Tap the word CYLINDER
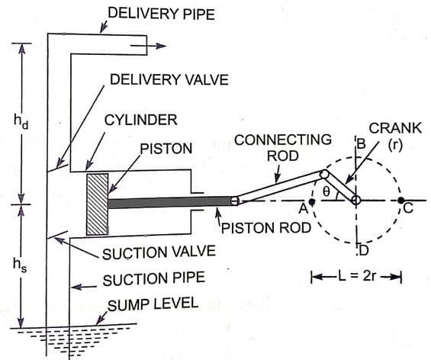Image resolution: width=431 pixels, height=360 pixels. [141, 120]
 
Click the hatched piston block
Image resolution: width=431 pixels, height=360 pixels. [98, 204]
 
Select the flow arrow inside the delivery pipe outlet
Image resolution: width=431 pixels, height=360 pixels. [148, 45]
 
